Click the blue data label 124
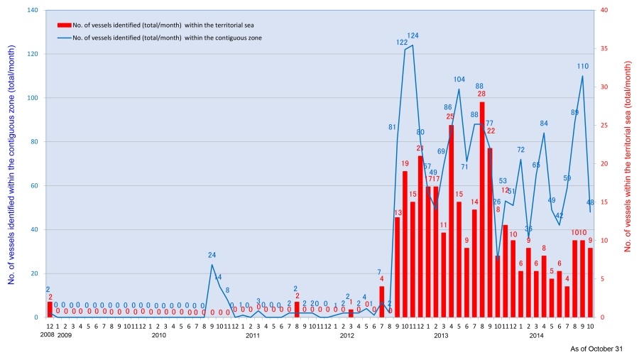tap(413, 36)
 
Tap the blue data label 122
tap(402, 42)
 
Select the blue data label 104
tap(459, 80)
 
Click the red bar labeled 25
tap(451, 221)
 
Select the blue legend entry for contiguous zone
tap(160, 38)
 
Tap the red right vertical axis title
tap(628, 156)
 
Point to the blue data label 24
tap(212, 255)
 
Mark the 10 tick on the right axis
tap(603, 241)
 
